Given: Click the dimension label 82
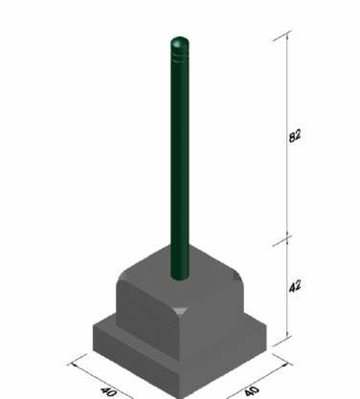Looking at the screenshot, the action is [x=295, y=136].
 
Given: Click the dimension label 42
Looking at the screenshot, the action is [x=295, y=286].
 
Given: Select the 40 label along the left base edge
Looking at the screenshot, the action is [x=108, y=391].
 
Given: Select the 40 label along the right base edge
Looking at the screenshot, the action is [x=252, y=391].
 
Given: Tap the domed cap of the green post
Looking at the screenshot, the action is [x=180, y=42].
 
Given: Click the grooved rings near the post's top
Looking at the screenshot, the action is [x=180, y=55].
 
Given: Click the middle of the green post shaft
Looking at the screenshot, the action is [x=180, y=160].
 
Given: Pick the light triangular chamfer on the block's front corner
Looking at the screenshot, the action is [x=181, y=311].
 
